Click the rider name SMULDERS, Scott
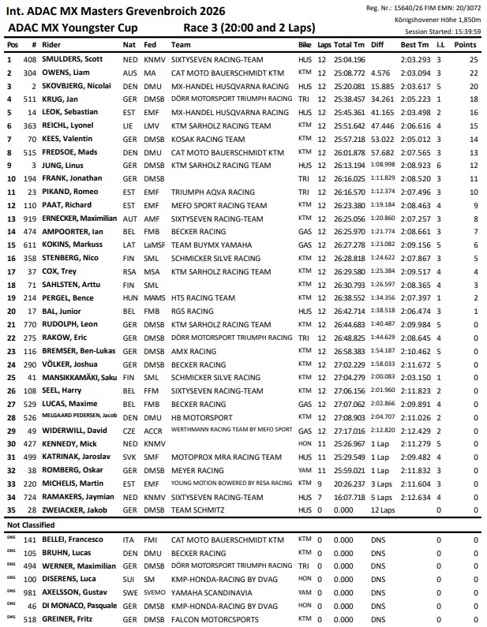point(73,59)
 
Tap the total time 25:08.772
point(350,73)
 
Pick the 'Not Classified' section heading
point(30,524)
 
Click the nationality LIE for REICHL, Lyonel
point(129,125)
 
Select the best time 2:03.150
point(416,377)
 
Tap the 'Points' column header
point(466,45)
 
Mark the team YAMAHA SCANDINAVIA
point(210,592)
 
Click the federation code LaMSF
point(155,244)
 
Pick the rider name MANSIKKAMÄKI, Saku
point(81,377)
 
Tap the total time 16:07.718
point(350,496)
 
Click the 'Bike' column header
point(305,45)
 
